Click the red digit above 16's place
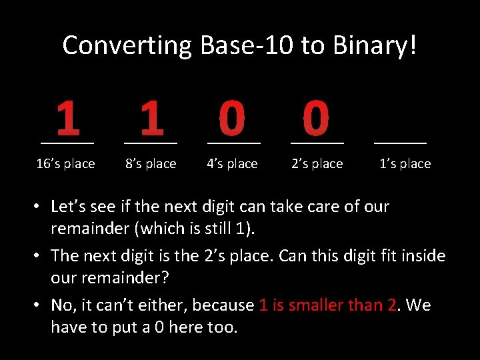tap(67, 118)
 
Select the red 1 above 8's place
tap(152, 118)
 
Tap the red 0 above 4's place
tap(233, 118)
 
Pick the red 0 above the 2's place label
tap(316, 118)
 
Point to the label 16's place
tap(65, 163)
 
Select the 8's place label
tap(151, 163)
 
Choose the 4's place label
tap(232, 163)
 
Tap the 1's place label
tap(405, 163)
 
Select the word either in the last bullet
tap(165, 305)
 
